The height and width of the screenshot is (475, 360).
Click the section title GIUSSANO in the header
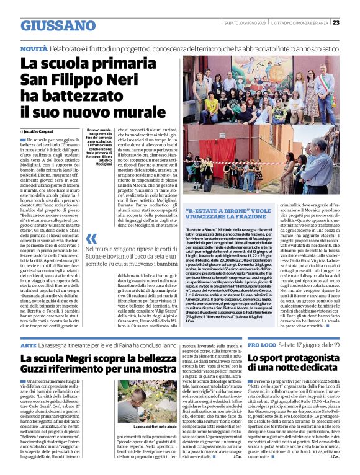click(56, 25)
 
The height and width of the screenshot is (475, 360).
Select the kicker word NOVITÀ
click(35, 48)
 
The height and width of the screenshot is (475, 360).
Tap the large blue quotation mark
click(91, 239)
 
